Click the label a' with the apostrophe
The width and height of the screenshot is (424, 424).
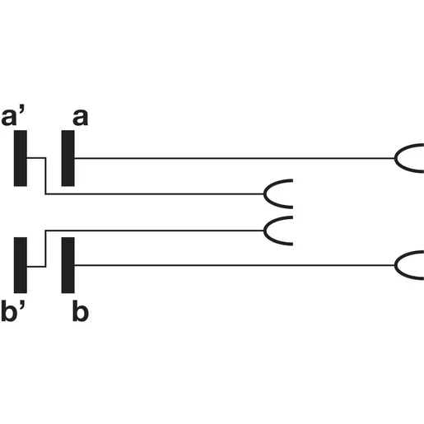12,117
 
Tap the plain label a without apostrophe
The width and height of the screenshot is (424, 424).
81,118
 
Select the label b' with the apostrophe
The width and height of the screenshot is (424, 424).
13,310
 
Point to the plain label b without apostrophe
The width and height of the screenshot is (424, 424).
81,310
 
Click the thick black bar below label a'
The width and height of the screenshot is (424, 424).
21,158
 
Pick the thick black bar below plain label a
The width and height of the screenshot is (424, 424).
68,158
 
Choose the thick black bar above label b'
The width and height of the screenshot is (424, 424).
21,265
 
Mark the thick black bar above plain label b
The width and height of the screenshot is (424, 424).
68,265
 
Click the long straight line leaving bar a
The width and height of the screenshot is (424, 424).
235,158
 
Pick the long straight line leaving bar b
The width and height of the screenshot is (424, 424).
235,265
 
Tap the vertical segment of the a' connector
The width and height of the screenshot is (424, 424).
45,176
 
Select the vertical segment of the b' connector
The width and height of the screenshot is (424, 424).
45,249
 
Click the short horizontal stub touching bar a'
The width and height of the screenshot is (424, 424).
36,158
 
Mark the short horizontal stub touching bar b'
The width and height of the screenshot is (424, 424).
36,266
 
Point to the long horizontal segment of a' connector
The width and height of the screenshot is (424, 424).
155,194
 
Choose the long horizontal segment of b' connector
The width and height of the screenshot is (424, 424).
155,231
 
